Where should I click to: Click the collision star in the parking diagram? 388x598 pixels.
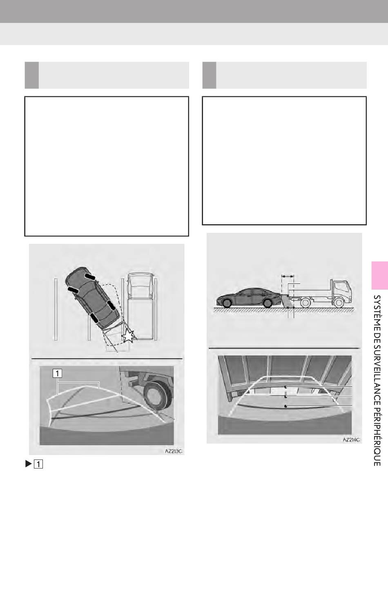point(128,335)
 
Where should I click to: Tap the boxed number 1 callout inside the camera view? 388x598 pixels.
point(57,373)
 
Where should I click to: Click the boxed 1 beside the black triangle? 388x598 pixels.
point(38,464)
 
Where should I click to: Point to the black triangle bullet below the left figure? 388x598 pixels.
point(28,464)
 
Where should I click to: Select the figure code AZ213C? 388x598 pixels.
point(174,451)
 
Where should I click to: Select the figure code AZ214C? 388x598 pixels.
point(351,440)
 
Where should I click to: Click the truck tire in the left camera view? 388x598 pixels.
point(157,395)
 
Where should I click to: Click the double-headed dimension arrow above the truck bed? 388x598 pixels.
point(288,276)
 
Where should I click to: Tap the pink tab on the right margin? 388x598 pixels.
point(379,275)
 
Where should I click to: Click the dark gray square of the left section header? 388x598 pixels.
point(32,75)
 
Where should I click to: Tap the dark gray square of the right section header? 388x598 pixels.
point(209,75)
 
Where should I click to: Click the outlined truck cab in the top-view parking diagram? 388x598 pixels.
point(140,285)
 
